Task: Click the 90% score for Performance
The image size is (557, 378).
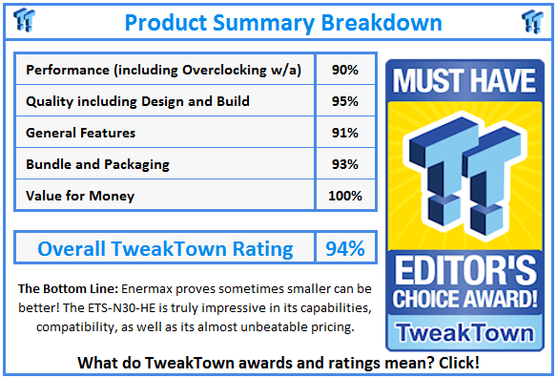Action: point(345,70)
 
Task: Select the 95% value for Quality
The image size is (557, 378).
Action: point(345,101)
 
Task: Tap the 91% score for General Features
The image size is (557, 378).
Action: point(345,133)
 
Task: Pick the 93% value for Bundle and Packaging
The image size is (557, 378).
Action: point(345,164)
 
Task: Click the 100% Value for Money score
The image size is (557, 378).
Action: point(345,195)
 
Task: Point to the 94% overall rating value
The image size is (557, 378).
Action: point(344,249)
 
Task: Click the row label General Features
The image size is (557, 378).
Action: point(81,133)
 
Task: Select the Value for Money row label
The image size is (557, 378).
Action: point(80,195)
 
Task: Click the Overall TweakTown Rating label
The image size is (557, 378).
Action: point(165,249)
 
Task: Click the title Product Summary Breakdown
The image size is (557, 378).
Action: point(283,21)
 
